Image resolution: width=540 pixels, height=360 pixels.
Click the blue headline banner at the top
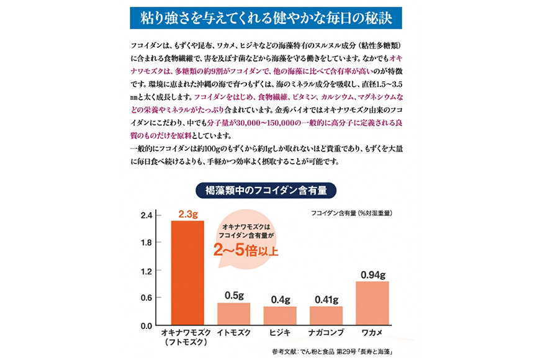coord(269,17)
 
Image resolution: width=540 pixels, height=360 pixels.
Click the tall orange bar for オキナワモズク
coord(187,273)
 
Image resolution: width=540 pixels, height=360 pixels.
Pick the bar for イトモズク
coord(233,314)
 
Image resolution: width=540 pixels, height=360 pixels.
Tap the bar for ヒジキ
coord(280,316)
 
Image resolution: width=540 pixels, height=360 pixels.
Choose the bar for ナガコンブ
coord(326,316)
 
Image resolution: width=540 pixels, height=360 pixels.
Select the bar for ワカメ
coord(372,304)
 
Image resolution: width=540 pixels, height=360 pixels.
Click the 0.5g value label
coord(233,295)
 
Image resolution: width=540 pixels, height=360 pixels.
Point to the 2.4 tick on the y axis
coord(146,216)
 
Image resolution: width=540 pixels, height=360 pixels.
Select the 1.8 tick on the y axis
coord(146,243)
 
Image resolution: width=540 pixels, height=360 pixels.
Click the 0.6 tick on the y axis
coord(146,298)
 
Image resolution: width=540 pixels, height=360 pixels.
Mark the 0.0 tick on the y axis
coord(146,325)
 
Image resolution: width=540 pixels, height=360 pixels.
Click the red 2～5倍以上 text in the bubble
coord(246,251)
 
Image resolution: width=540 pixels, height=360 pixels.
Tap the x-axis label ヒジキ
coord(280,333)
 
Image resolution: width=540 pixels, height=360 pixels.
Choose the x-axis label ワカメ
coord(372,333)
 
